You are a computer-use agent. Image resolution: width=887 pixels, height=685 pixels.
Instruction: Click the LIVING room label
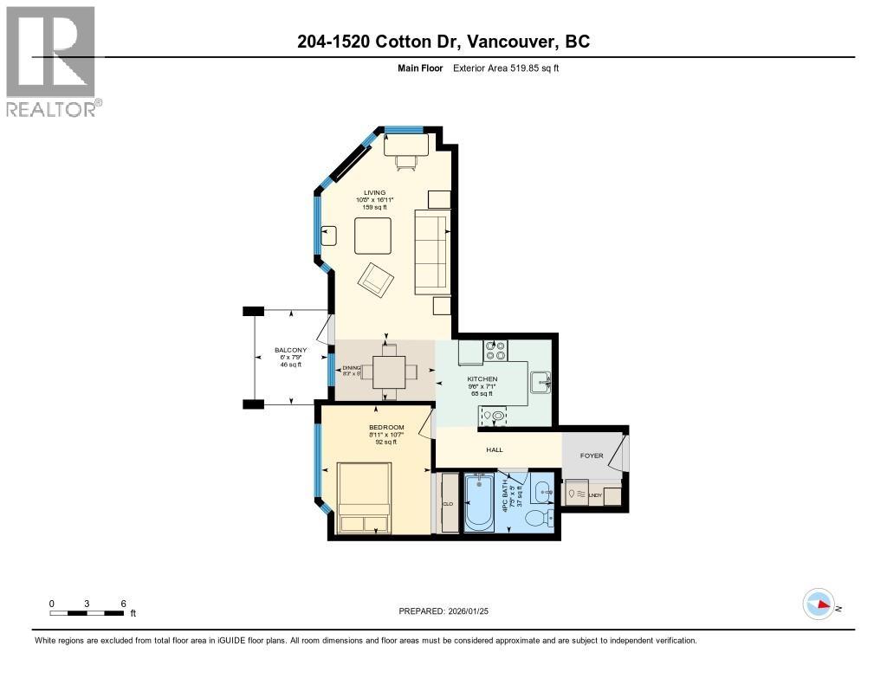(374, 192)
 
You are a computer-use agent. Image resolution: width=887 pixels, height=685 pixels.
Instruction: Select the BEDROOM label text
(385, 427)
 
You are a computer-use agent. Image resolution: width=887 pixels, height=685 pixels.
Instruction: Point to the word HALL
(494, 449)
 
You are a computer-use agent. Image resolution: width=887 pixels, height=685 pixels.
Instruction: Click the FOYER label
(592, 456)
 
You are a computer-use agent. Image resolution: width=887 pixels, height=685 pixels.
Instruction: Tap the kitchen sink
(540, 381)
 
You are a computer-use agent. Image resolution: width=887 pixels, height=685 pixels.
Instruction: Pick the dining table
(383, 372)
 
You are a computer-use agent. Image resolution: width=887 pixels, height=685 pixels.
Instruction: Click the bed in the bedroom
(364, 497)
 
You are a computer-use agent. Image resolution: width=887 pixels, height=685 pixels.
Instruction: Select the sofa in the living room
(431, 253)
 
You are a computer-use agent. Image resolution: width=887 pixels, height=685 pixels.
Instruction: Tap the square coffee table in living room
(372, 235)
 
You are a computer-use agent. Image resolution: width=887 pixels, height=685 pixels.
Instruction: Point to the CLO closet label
(448, 503)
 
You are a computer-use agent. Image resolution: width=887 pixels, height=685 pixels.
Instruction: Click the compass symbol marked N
(819, 604)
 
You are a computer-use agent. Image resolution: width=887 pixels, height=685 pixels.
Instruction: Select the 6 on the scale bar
(123, 603)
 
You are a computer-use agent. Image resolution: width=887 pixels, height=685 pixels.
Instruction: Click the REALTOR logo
(51, 61)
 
